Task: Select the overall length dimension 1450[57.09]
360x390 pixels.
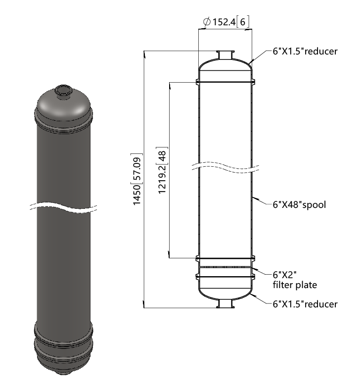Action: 137,179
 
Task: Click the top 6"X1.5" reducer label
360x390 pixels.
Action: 305,51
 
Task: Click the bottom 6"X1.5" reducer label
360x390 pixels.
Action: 305,304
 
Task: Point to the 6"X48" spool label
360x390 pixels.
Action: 299,205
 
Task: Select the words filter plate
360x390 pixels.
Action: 295,285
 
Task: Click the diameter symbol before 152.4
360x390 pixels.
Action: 207,22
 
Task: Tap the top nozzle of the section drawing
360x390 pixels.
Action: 225,55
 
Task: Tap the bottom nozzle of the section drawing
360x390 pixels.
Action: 225,304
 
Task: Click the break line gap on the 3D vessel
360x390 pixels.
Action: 64,207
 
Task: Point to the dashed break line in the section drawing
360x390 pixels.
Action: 225,167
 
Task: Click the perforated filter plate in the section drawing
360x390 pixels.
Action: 225,267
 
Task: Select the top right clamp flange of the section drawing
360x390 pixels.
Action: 253,82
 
